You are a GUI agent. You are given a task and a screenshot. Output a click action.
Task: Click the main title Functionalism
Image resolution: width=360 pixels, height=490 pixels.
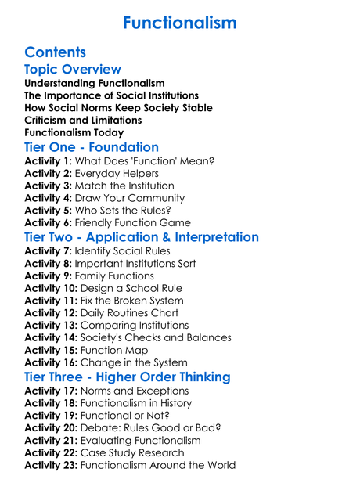tap(180, 23)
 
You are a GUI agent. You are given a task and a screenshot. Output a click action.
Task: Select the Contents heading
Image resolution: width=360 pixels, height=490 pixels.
tap(55, 52)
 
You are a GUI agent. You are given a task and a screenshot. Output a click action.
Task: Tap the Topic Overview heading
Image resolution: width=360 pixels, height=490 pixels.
tap(73, 70)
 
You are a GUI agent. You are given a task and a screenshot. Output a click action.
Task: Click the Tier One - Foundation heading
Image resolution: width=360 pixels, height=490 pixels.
tap(92, 147)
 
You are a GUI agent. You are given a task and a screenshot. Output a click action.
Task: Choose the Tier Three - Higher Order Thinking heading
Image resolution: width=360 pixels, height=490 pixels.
tap(128, 377)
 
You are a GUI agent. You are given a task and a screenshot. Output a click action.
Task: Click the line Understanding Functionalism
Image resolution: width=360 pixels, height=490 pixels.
tap(95, 83)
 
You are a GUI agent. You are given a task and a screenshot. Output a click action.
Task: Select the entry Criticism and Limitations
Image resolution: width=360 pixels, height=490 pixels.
tap(83, 121)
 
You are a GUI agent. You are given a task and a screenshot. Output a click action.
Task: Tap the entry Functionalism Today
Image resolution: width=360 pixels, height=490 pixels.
tap(74, 133)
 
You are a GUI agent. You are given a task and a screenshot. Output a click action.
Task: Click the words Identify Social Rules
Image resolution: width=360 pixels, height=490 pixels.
tap(126, 252)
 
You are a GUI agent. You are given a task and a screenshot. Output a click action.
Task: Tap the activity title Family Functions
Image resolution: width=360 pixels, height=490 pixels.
tap(117, 276)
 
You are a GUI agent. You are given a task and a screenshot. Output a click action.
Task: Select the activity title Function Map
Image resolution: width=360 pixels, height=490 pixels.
tap(113, 351)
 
